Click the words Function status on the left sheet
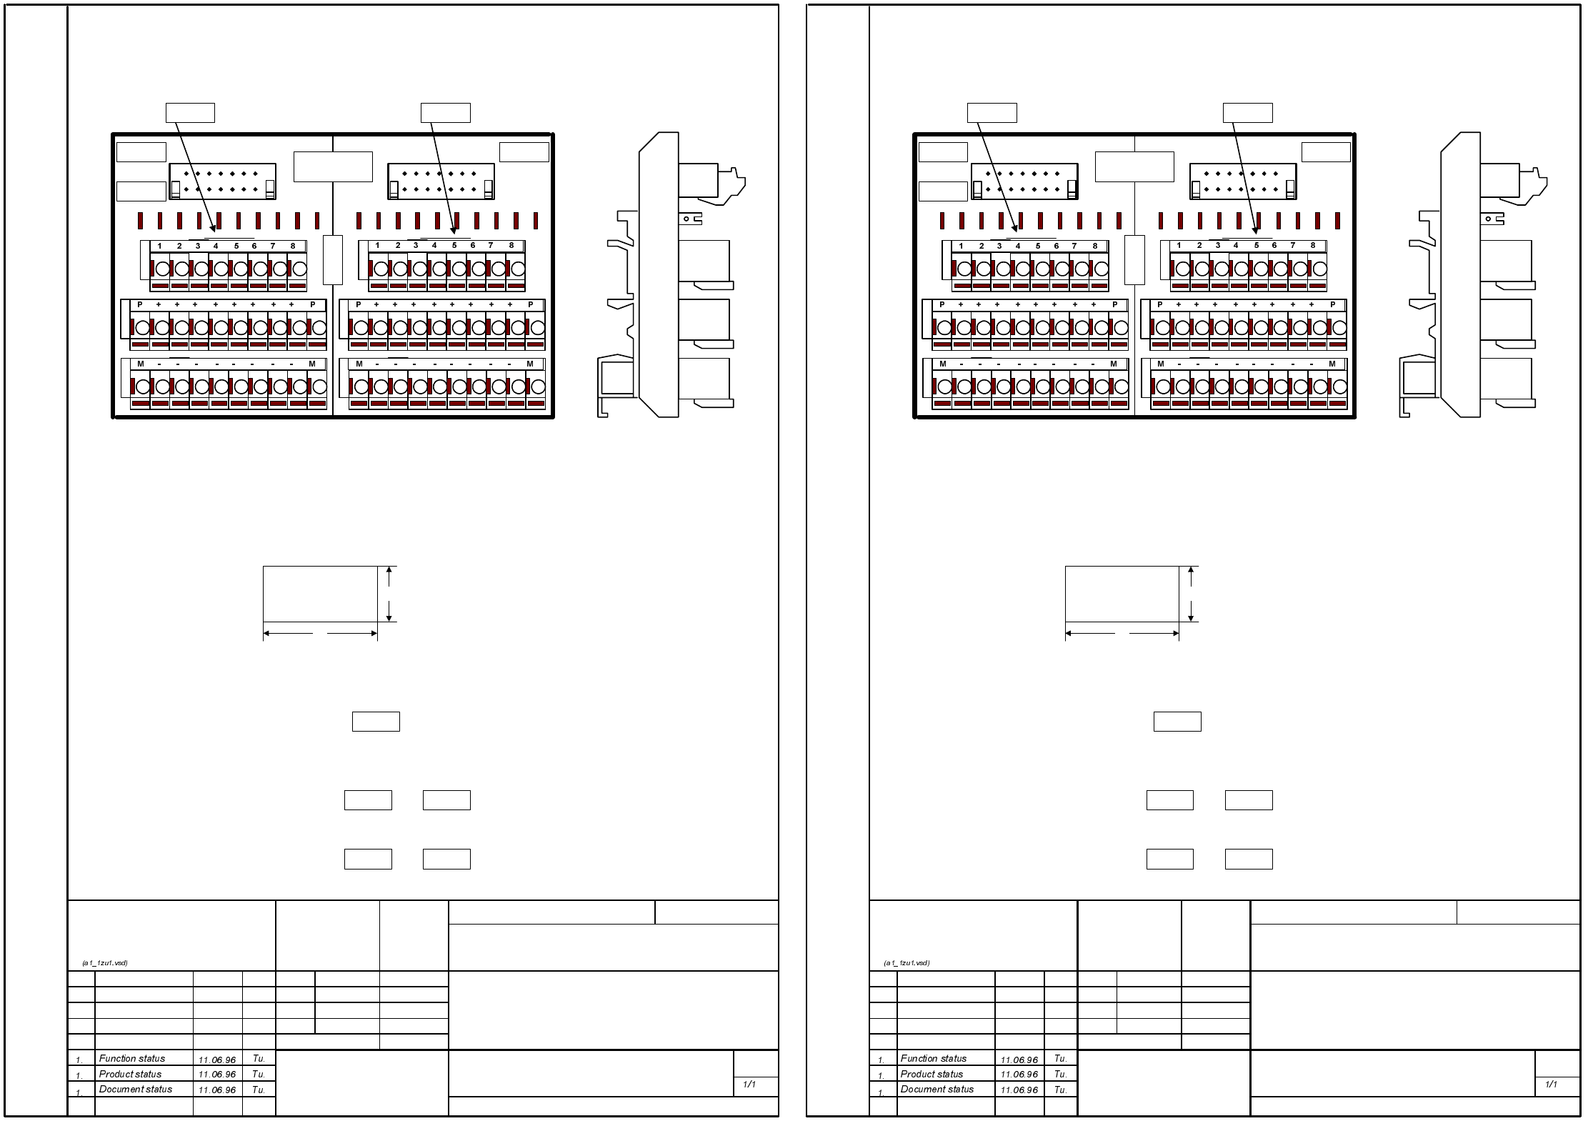pyautogui.click(x=132, y=1059)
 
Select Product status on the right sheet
pyautogui.click(x=932, y=1074)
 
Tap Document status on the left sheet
pyautogui.click(x=136, y=1089)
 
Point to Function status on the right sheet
pyautogui.click(x=934, y=1059)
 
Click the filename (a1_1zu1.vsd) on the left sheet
pyautogui.click(x=105, y=963)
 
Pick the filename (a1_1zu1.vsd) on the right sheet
pyautogui.click(x=907, y=963)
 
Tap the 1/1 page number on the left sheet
pyautogui.click(x=749, y=1085)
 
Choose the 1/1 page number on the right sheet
pyautogui.click(x=1551, y=1085)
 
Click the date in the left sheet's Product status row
pyautogui.click(x=217, y=1075)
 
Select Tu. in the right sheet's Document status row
pyautogui.click(x=1060, y=1090)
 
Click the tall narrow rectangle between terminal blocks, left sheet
pyautogui.click(x=333, y=259)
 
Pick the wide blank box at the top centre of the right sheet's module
pyautogui.click(x=1134, y=166)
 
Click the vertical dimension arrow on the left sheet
pyautogui.click(x=389, y=594)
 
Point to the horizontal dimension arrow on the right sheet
pyautogui.click(x=1122, y=633)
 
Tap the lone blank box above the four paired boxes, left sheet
pyautogui.click(x=376, y=722)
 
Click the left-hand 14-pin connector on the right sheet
pyautogui.click(x=1024, y=181)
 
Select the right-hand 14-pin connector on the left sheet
pyautogui.click(x=441, y=181)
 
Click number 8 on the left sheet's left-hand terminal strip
pyautogui.click(x=293, y=246)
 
